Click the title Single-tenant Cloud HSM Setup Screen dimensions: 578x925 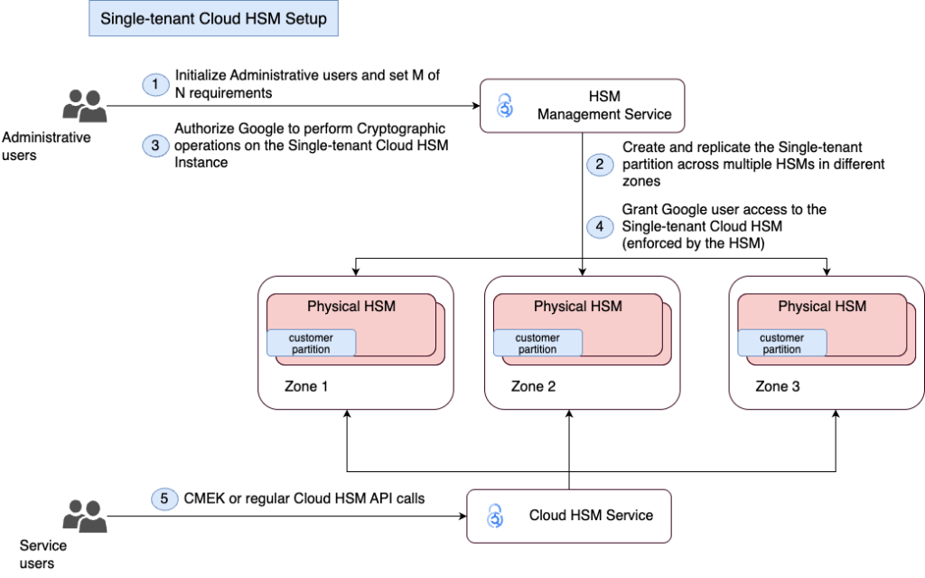213,19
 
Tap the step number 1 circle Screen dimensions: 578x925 154,83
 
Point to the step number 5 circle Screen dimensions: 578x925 165,499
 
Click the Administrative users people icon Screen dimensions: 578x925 84,106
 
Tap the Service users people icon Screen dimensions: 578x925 84,516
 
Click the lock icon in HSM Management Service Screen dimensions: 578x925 507,106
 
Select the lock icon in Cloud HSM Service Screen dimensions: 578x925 495,516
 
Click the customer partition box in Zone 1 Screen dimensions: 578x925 311,344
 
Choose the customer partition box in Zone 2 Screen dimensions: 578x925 537,344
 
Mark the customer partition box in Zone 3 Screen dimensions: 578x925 782,344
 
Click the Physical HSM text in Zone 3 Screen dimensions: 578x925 822,307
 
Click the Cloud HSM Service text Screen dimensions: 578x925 591,516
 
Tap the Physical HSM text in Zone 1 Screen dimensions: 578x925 350,307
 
